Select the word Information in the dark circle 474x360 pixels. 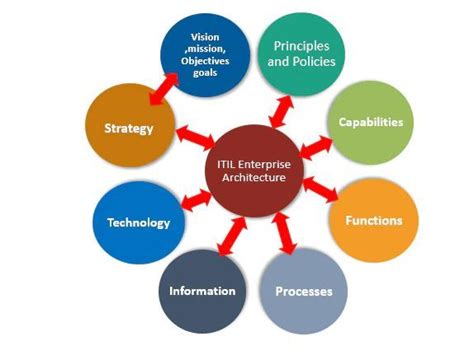(202, 292)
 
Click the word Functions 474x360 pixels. (374, 220)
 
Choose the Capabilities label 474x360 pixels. (370, 122)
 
